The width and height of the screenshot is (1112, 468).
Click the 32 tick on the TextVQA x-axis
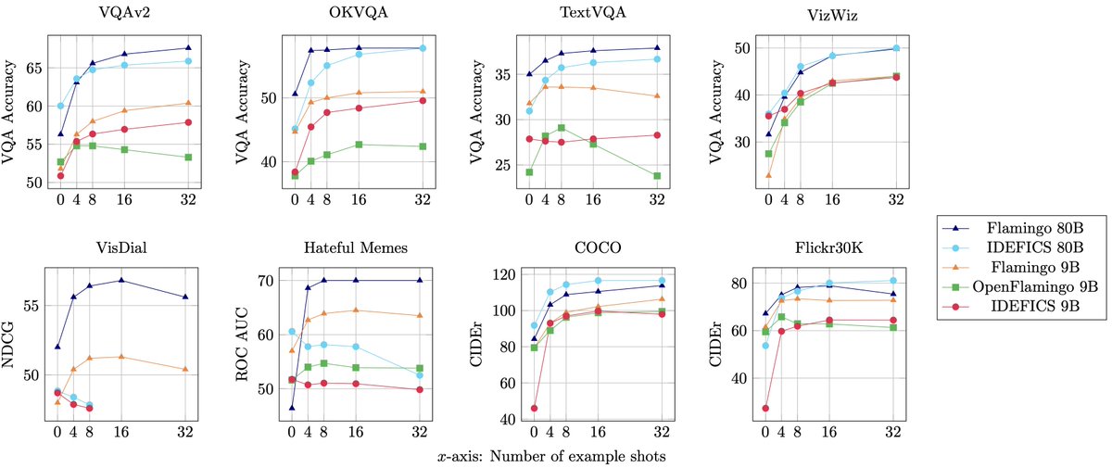[657, 198]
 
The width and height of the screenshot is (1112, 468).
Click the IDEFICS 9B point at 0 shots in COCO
[534, 408]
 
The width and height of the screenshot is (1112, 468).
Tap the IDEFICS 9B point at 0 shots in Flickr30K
[765, 408]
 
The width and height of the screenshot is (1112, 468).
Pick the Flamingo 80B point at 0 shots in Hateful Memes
[292, 408]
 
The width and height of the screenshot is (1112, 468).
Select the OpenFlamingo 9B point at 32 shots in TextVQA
[657, 175]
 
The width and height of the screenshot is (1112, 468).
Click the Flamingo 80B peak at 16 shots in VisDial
[120, 280]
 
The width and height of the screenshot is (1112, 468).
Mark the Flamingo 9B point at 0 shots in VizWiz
[768, 174]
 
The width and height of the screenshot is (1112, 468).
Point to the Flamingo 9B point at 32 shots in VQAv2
[188, 103]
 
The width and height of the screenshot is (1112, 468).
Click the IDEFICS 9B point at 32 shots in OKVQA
[423, 100]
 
